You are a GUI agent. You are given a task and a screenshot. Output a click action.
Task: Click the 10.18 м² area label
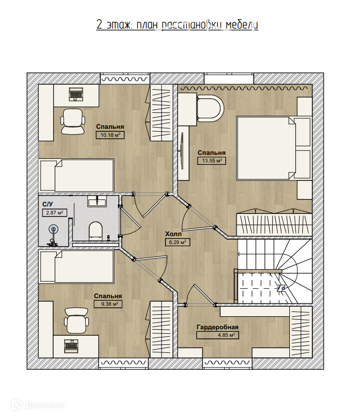pyautogui.click(x=110, y=135)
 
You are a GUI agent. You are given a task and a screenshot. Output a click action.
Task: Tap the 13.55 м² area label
pyautogui.click(x=212, y=161)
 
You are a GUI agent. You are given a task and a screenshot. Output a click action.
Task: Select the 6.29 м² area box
pyautogui.click(x=177, y=242)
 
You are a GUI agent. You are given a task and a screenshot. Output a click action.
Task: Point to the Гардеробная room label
pyautogui.click(x=218, y=327)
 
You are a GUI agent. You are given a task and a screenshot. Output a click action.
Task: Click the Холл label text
pyautogui.click(x=173, y=234)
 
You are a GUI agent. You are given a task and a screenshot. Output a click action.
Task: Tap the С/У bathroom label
pyautogui.click(x=48, y=204)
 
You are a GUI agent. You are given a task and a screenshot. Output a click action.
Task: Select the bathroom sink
pyautogui.click(x=97, y=201)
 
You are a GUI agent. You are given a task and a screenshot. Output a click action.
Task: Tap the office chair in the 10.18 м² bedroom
pyautogui.click(x=73, y=121)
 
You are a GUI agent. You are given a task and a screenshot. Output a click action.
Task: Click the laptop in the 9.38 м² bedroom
pyautogui.click(x=71, y=344)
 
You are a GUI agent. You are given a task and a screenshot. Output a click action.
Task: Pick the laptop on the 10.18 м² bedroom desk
pyautogui.click(x=77, y=94)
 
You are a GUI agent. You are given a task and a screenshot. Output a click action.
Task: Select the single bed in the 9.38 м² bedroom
pyautogui.click(x=77, y=267)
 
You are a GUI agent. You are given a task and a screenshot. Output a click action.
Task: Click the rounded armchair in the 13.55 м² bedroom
pyautogui.click(x=210, y=108)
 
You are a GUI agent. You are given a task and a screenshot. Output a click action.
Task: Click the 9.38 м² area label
pyautogui.click(x=108, y=304)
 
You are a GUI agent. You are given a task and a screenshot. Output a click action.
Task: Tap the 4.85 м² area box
pyautogui.click(x=218, y=335)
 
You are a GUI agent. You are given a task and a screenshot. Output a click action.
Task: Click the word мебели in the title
pyautogui.click(x=242, y=25)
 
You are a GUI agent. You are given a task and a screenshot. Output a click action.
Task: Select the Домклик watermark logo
pyautogui.click(x=38, y=405)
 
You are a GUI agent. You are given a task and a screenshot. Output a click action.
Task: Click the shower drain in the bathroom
pyautogui.click(x=53, y=229)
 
